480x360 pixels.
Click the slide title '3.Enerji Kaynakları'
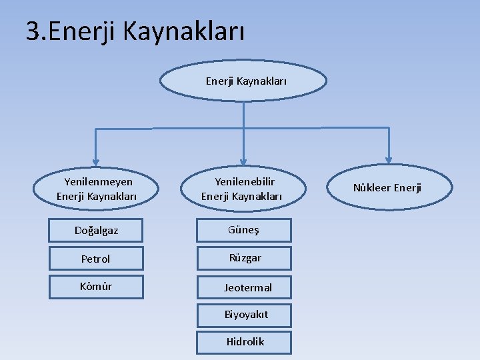pos(135,31)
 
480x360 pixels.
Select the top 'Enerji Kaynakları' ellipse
pos(245,81)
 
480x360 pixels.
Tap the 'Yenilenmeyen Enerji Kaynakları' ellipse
pos(97,189)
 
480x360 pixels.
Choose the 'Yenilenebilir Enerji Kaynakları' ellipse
pos(243,189)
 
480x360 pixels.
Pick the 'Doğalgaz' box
pos(97,231)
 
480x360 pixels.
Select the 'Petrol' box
pos(97,259)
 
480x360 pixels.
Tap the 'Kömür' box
pos(97,287)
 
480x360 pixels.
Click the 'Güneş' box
pos(244,230)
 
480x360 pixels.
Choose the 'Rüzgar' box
pos(244,258)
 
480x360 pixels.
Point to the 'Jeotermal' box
pos(244,288)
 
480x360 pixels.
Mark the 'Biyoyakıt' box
pos(244,315)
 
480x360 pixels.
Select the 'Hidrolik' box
pos(244,341)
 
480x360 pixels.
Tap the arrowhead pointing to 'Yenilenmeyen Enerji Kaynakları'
pos(96,160)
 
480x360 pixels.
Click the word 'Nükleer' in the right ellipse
pos(372,188)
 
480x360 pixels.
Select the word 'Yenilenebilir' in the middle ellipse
pos(244,181)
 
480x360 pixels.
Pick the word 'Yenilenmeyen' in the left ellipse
pos(98,181)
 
